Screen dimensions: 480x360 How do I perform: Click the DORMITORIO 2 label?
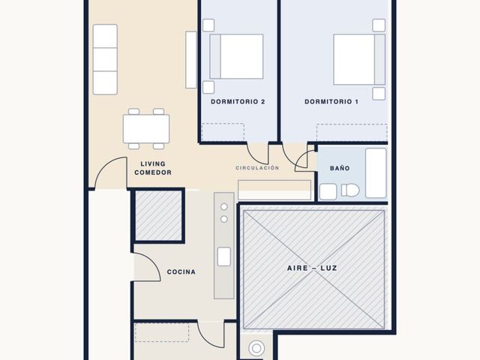238,102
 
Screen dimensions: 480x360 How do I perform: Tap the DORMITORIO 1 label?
331,102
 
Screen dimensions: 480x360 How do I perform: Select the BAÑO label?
340,168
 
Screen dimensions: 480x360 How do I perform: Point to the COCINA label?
181,271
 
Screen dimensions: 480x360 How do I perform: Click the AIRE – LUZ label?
312,268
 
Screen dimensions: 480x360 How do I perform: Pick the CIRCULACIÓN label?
257,168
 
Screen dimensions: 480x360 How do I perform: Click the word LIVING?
153,163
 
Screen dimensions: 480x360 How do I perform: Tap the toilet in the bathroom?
350,190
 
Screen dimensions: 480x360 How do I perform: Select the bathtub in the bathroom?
376,173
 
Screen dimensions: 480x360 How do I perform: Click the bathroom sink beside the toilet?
328,192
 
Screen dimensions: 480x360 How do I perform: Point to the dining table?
146,129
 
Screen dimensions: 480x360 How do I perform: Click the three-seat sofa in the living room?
105,59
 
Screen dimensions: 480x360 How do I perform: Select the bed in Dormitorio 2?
236,57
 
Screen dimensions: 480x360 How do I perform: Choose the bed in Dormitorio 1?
359,59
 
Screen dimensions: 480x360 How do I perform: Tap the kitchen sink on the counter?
224,256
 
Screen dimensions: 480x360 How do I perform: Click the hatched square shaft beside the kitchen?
158,215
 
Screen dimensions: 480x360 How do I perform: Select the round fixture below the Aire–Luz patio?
256,348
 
